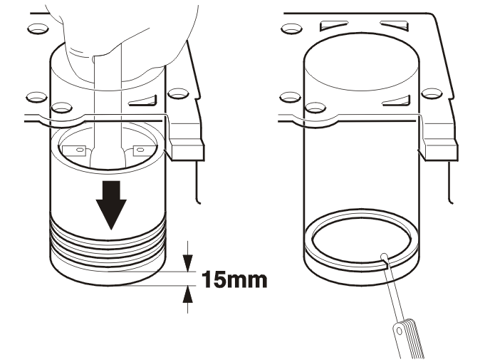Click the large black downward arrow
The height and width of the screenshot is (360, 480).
point(111,205)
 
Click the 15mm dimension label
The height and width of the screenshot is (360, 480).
point(234,279)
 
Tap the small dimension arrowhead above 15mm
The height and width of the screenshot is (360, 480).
point(187,263)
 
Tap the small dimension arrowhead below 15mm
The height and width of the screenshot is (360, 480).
point(187,294)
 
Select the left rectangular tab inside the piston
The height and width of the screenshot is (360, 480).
point(74,150)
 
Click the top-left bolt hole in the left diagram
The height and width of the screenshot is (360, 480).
point(38,29)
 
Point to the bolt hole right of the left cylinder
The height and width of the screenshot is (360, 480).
point(178,93)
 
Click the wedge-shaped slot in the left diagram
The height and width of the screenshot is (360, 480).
point(143,101)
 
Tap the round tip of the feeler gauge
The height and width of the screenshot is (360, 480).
point(384,257)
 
